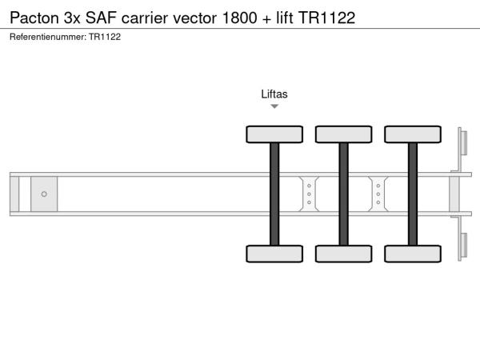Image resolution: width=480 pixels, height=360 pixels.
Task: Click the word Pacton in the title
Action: click(x=34, y=18)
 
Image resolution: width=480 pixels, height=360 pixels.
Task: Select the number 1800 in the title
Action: click(x=240, y=18)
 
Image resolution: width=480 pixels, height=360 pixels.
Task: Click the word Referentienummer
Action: click(x=48, y=37)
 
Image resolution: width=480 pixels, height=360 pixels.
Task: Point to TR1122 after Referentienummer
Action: click(x=105, y=37)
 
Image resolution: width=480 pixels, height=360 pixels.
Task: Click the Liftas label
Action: click(x=274, y=94)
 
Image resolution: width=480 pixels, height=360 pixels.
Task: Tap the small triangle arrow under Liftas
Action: click(x=274, y=106)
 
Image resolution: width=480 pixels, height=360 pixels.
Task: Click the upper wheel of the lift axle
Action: click(x=274, y=134)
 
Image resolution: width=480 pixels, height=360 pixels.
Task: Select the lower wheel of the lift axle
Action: click(x=274, y=254)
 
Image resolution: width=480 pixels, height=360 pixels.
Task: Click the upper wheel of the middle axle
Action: click(x=344, y=134)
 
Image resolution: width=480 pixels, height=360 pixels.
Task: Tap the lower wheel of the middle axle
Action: click(x=344, y=254)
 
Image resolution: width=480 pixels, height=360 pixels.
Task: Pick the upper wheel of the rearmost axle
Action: click(x=413, y=134)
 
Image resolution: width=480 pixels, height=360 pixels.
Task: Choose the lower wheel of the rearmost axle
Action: click(x=413, y=254)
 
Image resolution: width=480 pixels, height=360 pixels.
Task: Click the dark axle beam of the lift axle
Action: click(x=274, y=194)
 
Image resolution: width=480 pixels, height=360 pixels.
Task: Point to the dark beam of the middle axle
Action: click(x=344, y=194)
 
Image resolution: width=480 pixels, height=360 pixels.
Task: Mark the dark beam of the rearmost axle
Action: click(x=413, y=194)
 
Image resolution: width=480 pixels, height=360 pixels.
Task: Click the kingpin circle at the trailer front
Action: click(x=44, y=194)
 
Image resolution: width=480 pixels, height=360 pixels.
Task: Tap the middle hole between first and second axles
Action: click(x=309, y=194)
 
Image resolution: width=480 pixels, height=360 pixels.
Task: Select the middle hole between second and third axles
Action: click(x=378, y=194)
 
